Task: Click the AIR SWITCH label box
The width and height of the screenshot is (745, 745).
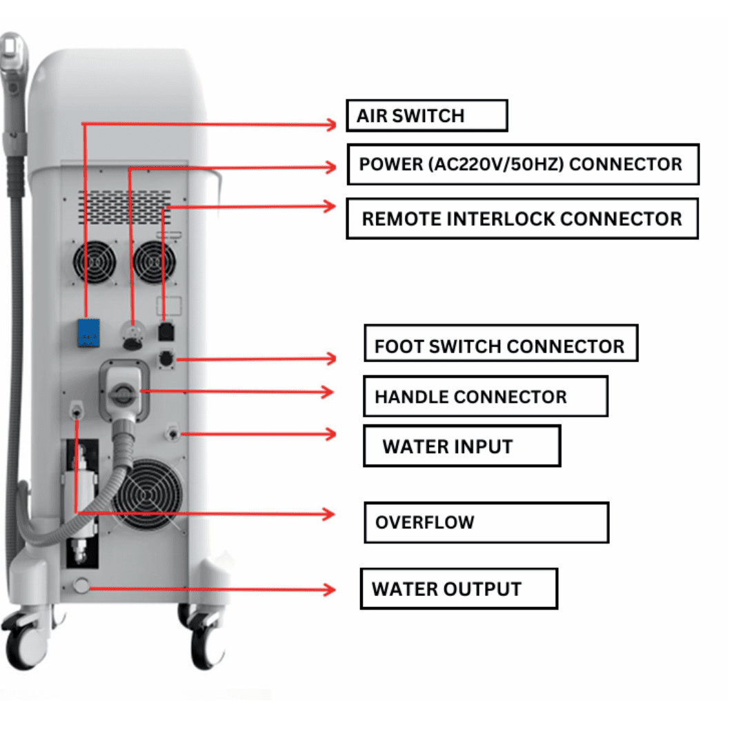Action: click(426, 115)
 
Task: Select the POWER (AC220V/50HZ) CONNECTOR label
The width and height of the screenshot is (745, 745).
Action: click(522, 164)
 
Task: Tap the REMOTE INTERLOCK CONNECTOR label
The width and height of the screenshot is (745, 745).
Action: click(521, 219)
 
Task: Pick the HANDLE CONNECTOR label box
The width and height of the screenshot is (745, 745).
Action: click(485, 396)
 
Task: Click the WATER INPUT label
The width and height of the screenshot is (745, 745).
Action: click(461, 446)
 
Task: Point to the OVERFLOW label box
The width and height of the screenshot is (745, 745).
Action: click(486, 521)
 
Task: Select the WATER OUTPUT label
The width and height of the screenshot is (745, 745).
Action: click(458, 588)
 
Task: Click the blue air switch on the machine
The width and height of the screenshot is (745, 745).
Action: click(89, 333)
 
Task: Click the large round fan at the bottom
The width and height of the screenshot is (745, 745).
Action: click(147, 496)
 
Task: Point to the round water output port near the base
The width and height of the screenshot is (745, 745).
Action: click(81, 587)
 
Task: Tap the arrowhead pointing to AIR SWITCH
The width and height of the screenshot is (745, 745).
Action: click(331, 124)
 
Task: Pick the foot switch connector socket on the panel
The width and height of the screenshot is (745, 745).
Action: click(166, 359)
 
